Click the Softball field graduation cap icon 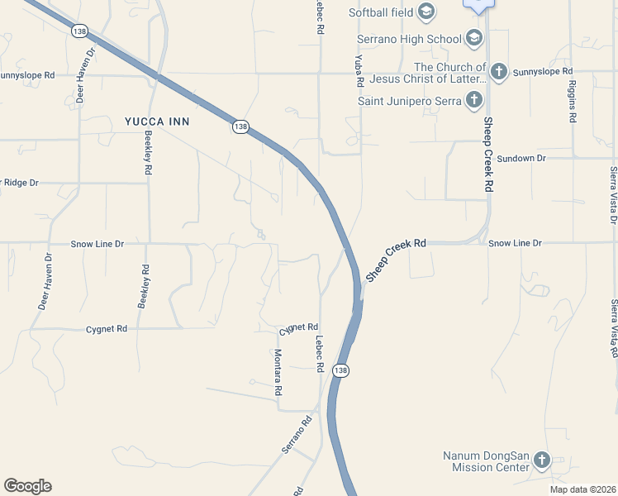[x=426, y=11]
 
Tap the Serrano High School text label [x=409, y=38]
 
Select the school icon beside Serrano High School [x=474, y=38]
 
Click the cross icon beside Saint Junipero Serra [x=474, y=101]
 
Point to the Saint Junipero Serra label [x=408, y=101]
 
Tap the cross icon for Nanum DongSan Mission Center [x=542, y=460]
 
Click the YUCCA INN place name [x=157, y=122]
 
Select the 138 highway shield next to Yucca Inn [x=240, y=126]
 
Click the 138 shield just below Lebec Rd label [x=340, y=370]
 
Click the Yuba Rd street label [x=359, y=71]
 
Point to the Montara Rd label [x=278, y=371]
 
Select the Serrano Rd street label [x=298, y=435]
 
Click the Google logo [x=27, y=486]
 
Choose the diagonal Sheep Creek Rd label [x=396, y=260]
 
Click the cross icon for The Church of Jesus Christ [x=498, y=72]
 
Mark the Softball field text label [x=380, y=12]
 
